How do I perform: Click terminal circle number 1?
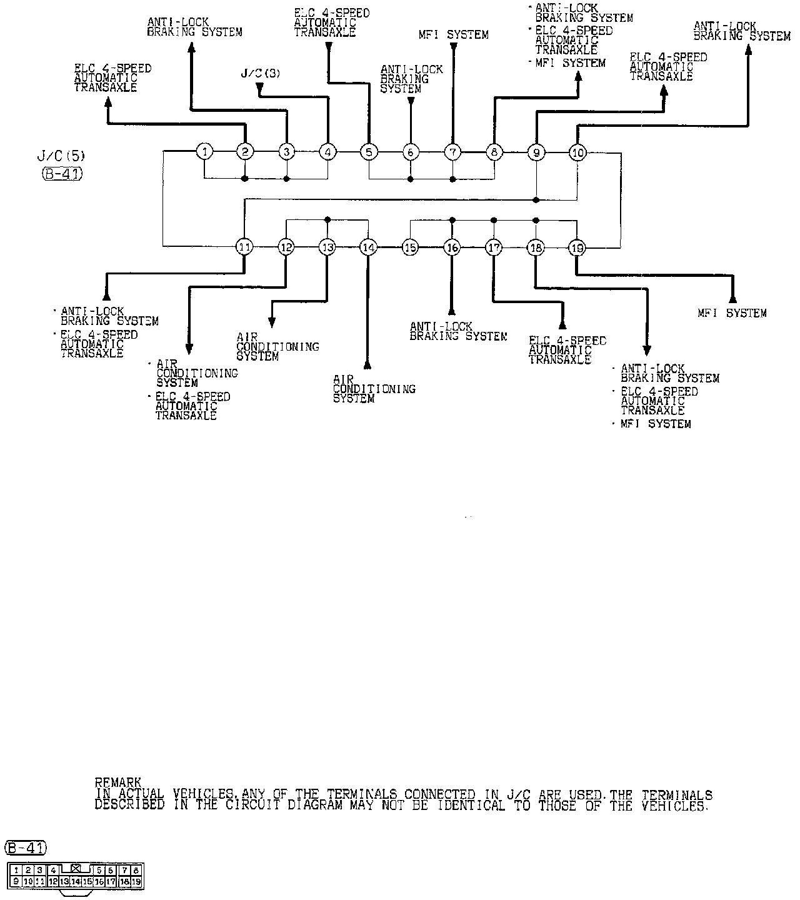[x=204, y=151]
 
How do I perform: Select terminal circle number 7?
[x=452, y=151]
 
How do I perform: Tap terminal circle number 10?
[x=577, y=152]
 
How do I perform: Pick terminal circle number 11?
[x=244, y=247]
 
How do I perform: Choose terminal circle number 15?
[x=410, y=247]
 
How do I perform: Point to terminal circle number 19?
[x=577, y=247]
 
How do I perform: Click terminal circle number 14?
[x=369, y=247]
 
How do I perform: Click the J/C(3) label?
[x=261, y=74]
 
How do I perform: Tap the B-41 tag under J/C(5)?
[x=62, y=174]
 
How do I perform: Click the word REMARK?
[x=118, y=782]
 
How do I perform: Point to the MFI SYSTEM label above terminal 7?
[x=453, y=35]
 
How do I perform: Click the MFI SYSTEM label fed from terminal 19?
[x=732, y=313]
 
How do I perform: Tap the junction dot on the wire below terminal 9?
[x=536, y=200]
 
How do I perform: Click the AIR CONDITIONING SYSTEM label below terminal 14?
[x=374, y=389]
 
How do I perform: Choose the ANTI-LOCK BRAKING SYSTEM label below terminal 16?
[x=458, y=331]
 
